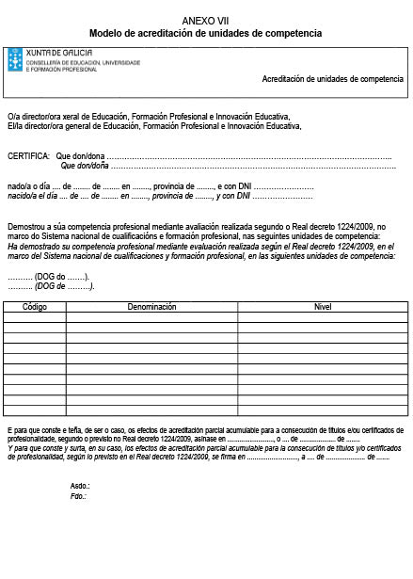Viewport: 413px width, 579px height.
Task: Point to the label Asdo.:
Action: click(x=80, y=485)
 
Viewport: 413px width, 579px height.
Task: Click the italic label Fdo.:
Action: click(x=79, y=495)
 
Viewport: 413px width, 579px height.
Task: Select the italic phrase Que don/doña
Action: click(x=86, y=166)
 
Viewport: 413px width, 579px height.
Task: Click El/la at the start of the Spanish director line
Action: click(x=15, y=125)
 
